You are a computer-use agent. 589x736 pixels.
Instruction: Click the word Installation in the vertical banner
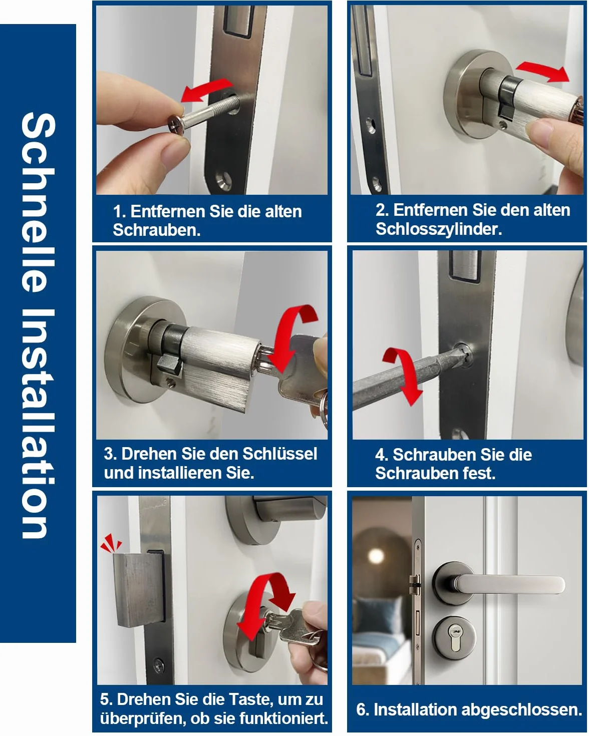click(x=38, y=424)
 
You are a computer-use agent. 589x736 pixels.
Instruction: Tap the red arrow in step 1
click(x=206, y=90)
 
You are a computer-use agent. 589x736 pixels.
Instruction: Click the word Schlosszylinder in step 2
click(x=438, y=229)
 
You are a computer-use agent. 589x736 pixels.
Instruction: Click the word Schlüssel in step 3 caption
click(x=279, y=454)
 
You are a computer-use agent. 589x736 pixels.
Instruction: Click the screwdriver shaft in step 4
click(x=407, y=378)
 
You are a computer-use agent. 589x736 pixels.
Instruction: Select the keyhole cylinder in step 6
click(x=455, y=638)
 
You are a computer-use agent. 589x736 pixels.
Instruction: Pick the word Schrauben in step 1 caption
click(x=157, y=230)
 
